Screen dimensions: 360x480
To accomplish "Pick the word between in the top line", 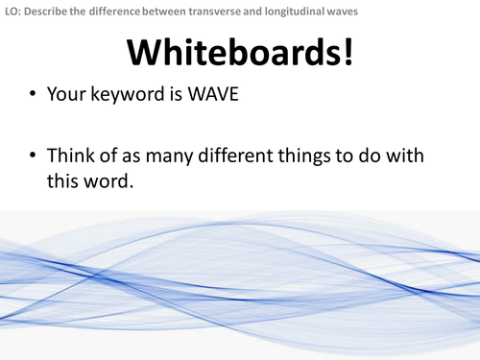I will point(168,11).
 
